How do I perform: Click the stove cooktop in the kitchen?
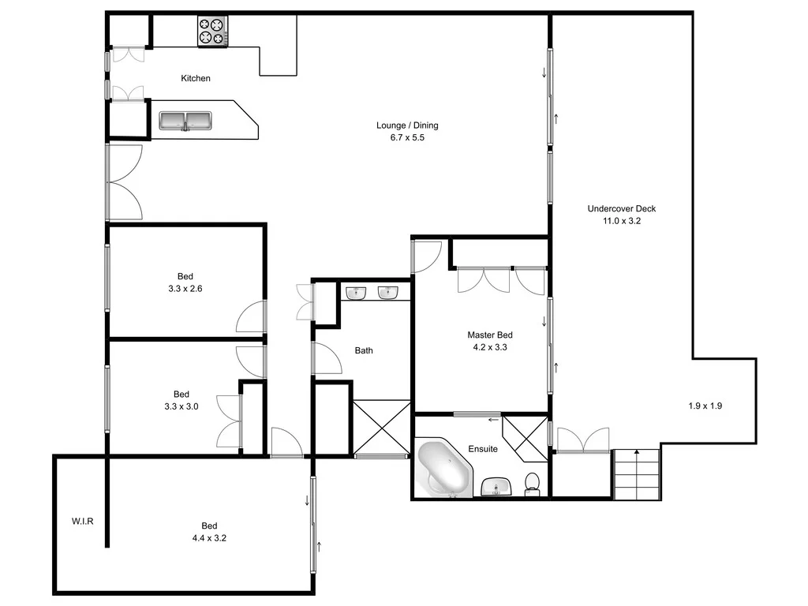(212, 31)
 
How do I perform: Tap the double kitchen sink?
(185, 121)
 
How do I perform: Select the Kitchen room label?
(196, 78)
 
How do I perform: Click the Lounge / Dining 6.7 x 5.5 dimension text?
(407, 137)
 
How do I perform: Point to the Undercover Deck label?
(621, 209)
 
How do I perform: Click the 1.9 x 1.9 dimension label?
(705, 406)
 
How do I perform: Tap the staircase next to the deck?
(636, 473)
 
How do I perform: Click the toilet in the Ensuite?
(533, 484)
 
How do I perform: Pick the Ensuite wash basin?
(496, 487)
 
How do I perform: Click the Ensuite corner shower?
(524, 438)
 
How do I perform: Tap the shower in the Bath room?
(382, 428)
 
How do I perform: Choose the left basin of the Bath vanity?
(357, 293)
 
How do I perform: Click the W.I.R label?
(83, 521)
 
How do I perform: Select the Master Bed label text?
(490, 335)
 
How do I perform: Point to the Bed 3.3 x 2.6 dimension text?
(185, 289)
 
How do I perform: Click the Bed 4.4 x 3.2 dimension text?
(208, 538)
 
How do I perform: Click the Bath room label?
(364, 350)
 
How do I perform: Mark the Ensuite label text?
(483, 449)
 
